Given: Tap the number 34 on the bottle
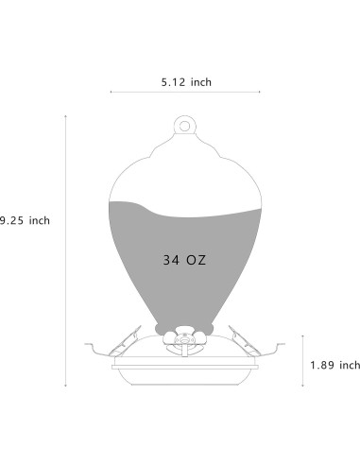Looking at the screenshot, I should [172, 258].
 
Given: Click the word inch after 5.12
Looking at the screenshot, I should [201, 82].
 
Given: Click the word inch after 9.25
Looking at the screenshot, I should [38, 220].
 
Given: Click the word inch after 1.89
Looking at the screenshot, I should [350, 364].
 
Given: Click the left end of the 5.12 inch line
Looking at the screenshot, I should [111, 92].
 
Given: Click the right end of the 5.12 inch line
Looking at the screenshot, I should [260, 92].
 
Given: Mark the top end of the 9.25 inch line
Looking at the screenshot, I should [65, 115].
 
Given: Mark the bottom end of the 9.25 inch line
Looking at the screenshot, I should [65, 387].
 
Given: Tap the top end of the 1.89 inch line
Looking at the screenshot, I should [303, 335].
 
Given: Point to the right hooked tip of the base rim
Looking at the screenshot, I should [284, 346].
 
